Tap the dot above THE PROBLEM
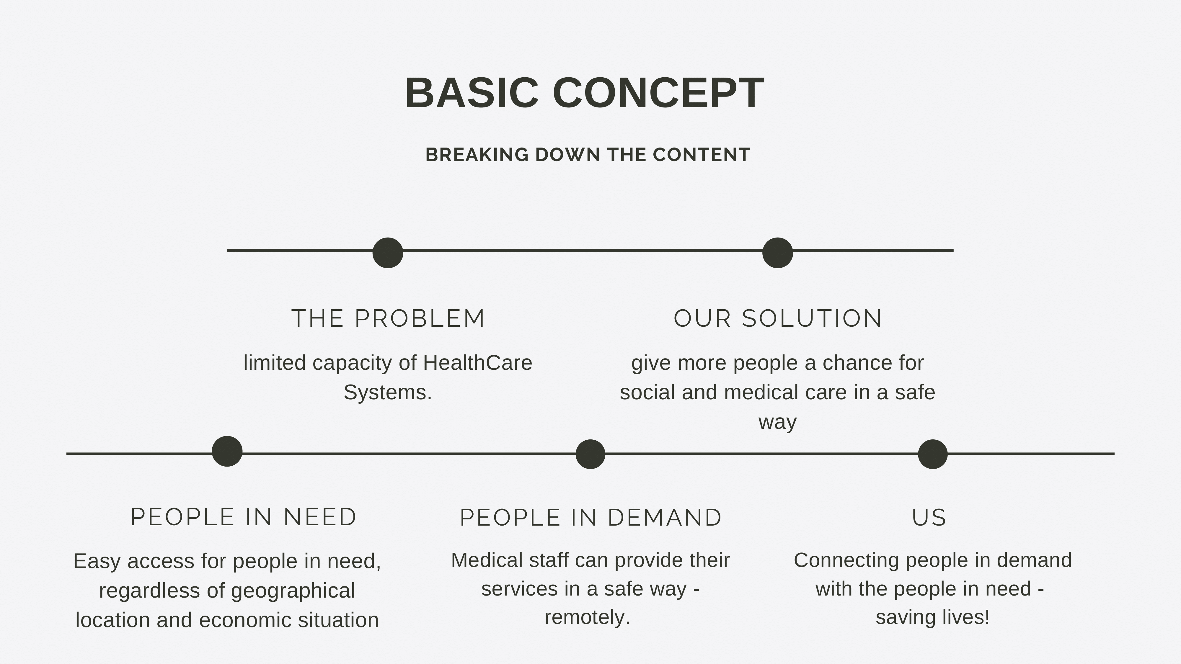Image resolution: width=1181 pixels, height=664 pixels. (x=388, y=253)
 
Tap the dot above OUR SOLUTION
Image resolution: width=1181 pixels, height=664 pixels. (x=778, y=253)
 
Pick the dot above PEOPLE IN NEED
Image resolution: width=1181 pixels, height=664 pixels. (x=227, y=452)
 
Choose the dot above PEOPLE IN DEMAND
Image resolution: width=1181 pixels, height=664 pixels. (x=590, y=454)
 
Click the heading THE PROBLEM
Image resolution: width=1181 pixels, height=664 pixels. (x=388, y=318)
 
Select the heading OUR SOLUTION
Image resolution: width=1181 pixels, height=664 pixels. (x=778, y=318)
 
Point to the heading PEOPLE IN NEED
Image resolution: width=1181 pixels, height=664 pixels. (x=244, y=517)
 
